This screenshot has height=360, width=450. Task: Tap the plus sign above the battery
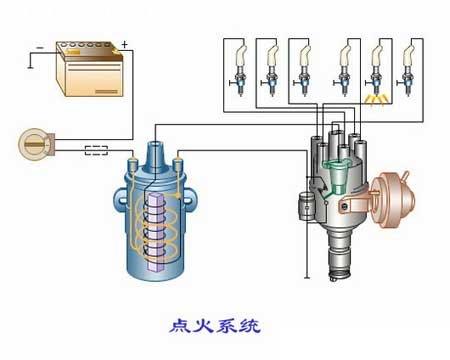[x=125, y=43]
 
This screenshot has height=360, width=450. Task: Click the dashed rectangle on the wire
[x=98, y=152]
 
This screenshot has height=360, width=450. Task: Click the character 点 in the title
[x=179, y=325]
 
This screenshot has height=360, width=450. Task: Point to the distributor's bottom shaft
[x=344, y=262]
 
